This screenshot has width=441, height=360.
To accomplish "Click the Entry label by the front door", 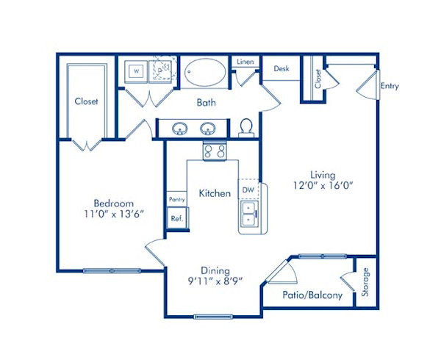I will tap(390, 86).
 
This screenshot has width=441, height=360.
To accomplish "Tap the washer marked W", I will tap(136, 71).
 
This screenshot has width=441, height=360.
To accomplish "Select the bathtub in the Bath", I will tap(206, 72).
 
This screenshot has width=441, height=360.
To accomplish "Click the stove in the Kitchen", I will tap(214, 151).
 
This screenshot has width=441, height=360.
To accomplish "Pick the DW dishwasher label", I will tap(248, 189).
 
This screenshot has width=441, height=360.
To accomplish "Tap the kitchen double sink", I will tap(249, 214).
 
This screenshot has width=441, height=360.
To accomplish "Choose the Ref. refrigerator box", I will tap(177, 218).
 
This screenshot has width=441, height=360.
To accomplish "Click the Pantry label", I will tap(176, 199).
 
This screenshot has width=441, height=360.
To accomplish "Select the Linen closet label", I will tap(245, 62).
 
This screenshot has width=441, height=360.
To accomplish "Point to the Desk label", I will tap(282, 68).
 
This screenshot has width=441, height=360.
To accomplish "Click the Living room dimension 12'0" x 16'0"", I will tap(323, 186).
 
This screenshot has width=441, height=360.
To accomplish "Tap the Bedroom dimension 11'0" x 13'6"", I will tap(113, 215).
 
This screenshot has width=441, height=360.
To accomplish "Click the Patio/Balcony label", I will tap(312, 295).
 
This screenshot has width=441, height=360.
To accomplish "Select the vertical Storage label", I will tap(366, 282).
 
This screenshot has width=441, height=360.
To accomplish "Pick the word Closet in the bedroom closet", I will tap(86, 101).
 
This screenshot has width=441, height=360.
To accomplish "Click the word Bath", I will tap(206, 103).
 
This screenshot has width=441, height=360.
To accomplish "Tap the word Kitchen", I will tap(215, 193).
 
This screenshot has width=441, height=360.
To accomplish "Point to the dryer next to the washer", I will tap(162, 71).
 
